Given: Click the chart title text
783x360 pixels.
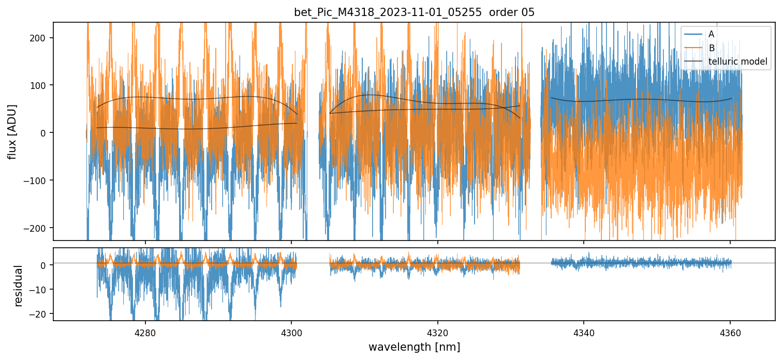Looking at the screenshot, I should coord(414,12).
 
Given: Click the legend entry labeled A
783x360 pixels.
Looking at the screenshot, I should coord(712,34).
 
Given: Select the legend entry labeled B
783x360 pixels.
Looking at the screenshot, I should coord(712,48).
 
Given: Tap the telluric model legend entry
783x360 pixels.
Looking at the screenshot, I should coord(737,62).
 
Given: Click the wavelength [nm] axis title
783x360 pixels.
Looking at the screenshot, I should coord(414,347).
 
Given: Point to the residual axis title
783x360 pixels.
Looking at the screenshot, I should coord(19,286).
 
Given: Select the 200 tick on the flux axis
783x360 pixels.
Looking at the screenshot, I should coord(41,38).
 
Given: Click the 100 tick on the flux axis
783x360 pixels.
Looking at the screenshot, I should coord(41,85).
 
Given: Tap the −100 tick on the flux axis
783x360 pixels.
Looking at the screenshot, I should coord(38,181).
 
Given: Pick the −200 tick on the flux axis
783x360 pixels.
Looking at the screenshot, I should coord(38,228).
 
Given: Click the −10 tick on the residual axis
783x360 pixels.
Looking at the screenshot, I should coord(40,289).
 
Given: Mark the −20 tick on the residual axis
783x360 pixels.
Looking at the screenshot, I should coord(40,313).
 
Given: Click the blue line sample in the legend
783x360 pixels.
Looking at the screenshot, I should coord(694,34).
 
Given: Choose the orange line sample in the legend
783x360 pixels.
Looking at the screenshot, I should coord(694,48).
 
